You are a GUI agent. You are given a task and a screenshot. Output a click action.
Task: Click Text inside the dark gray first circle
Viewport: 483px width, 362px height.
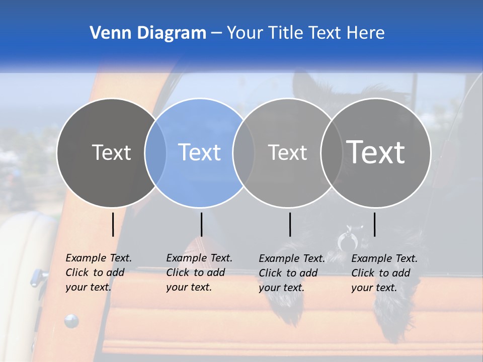[x=111, y=152]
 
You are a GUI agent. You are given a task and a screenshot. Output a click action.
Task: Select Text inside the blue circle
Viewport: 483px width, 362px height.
[x=200, y=152]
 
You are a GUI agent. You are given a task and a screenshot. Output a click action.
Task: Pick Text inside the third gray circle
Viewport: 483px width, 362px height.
[x=287, y=152]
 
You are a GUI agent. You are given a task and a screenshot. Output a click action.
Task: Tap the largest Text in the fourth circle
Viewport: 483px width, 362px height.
[x=376, y=152]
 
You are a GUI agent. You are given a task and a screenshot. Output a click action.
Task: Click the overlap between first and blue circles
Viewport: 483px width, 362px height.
[x=155, y=152]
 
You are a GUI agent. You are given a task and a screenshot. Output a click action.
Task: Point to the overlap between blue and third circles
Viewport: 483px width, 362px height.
[x=244, y=152]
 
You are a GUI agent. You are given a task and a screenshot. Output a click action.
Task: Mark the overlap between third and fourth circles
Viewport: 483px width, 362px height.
[x=332, y=152]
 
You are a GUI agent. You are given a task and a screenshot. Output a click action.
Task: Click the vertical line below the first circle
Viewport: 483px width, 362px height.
[x=113, y=224]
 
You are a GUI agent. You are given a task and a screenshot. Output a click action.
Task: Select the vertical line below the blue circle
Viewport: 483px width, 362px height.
[x=201, y=224]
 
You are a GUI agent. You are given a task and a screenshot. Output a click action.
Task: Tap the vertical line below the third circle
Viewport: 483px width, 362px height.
[x=290, y=224]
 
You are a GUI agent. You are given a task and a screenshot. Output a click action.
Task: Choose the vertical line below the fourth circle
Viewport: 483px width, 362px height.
[x=374, y=224]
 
